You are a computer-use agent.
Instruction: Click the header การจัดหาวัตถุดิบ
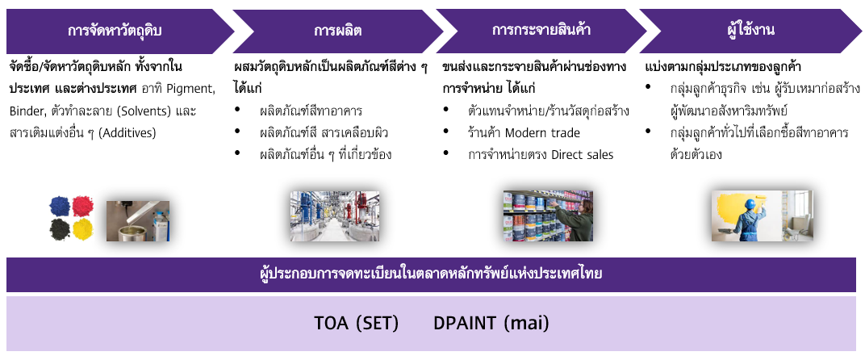tap(115, 31)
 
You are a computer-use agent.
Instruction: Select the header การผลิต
tap(337, 31)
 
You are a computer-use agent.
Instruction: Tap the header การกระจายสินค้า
tap(541, 31)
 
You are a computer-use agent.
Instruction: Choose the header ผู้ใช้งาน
tap(750, 31)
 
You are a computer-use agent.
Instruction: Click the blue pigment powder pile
tap(60, 207)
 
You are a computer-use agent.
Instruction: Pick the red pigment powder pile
tap(83, 206)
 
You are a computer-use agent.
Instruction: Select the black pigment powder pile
tap(60, 228)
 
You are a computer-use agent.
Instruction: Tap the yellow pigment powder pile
tap(83, 229)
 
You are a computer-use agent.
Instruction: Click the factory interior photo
tap(335, 216)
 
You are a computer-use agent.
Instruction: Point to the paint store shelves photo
tap(548, 216)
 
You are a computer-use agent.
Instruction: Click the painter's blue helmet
tap(749, 203)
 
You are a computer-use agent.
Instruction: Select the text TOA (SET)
tap(357, 323)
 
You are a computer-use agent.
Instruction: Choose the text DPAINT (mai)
tap(491, 323)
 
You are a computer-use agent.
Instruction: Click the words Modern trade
tap(542, 133)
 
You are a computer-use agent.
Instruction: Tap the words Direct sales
tap(582, 155)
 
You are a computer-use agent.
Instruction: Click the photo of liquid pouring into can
tap(138, 221)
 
